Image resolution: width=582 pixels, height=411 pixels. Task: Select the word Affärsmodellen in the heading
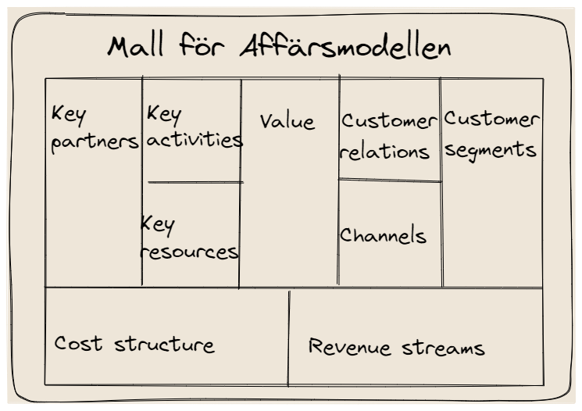tap(345, 46)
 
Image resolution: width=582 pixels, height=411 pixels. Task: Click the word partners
tap(95, 142)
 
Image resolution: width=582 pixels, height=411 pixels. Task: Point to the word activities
tap(195, 139)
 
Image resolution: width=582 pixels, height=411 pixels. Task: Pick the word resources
tap(189, 252)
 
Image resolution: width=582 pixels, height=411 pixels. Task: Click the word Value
tap(287, 121)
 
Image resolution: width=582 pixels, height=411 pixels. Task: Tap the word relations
tap(384, 151)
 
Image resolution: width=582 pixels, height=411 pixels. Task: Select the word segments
tap(490, 150)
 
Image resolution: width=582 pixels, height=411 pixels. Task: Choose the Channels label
tap(383, 234)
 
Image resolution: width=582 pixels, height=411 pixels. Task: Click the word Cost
tap(78, 343)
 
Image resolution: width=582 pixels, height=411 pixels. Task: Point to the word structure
tap(164, 344)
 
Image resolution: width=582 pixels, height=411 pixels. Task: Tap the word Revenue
tap(349, 347)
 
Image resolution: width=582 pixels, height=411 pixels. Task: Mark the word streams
tap(443, 348)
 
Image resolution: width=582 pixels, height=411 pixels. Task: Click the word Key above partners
tap(69, 115)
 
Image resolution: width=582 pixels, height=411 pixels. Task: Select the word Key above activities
tap(164, 115)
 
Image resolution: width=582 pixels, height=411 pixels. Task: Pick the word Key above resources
tap(157, 225)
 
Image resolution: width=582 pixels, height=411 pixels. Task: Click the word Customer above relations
tap(389, 121)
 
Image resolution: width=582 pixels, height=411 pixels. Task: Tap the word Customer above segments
tap(491, 119)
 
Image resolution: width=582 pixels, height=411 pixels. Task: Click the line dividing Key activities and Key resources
tap(195, 182)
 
